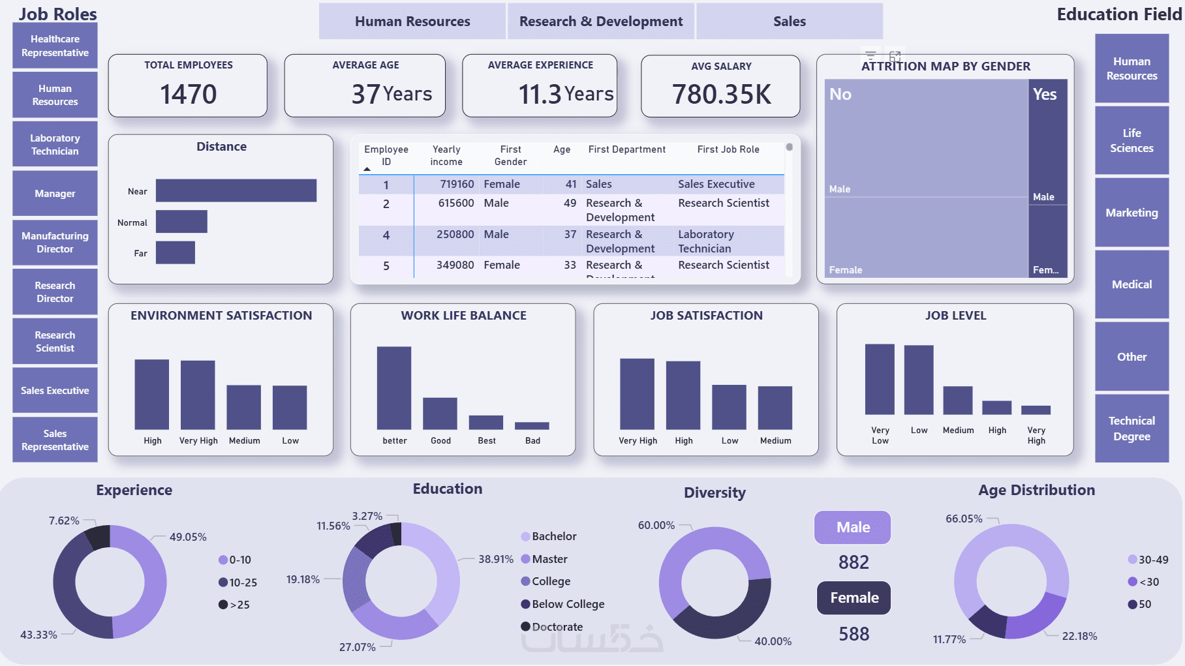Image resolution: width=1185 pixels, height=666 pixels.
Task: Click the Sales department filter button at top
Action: click(x=790, y=22)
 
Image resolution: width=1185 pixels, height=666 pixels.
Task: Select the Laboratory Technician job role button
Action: click(x=55, y=144)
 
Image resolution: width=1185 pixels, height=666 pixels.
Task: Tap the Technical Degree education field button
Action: click(x=1131, y=429)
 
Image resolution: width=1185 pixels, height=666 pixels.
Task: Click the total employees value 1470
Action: click(x=188, y=94)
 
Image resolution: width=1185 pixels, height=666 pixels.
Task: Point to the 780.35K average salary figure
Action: click(x=721, y=95)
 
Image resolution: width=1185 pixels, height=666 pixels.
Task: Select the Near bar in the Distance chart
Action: click(x=236, y=190)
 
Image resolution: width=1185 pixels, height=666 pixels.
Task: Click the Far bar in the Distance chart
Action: click(x=175, y=252)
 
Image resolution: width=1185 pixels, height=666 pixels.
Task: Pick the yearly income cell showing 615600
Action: click(x=455, y=204)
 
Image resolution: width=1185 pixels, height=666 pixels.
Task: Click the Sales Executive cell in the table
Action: click(x=716, y=184)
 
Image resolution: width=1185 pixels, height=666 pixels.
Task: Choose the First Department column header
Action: click(x=626, y=149)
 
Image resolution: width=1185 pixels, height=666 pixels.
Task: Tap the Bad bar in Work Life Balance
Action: click(x=532, y=426)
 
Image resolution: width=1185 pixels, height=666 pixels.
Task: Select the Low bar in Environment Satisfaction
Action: click(x=290, y=407)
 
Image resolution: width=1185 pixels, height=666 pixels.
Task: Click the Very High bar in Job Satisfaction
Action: click(x=637, y=393)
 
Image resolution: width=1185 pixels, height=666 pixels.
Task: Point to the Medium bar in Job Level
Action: click(x=957, y=401)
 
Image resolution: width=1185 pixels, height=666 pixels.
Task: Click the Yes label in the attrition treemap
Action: click(x=1045, y=95)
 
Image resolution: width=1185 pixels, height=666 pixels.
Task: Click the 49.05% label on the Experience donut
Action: click(x=188, y=537)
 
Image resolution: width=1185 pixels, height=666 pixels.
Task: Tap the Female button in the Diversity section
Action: click(x=854, y=598)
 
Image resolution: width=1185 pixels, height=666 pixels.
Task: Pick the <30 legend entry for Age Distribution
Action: click(x=1148, y=582)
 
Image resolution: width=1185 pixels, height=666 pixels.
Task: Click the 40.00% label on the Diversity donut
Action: click(x=773, y=641)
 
